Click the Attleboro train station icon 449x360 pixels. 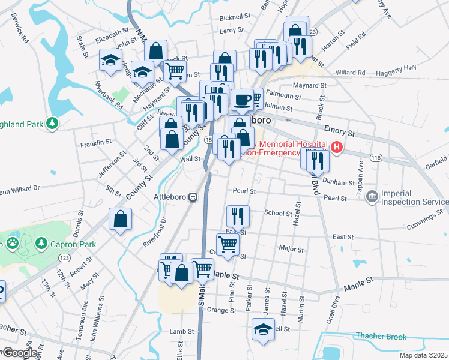click(x=193, y=197)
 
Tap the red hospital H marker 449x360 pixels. click(x=338, y=146)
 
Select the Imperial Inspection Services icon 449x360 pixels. click(x=372, y=196)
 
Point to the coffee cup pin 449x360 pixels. click(x=242, y=100)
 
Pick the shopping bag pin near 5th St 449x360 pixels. click(x=120, y=219)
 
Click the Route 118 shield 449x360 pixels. click(x=376, y=157)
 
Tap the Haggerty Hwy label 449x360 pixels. click(x=416, y=70)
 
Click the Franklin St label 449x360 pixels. click(x=96, y=142)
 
